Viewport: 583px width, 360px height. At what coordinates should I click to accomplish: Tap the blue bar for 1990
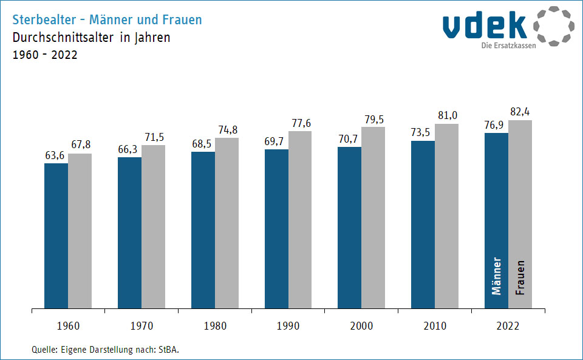pyautogui.click(x=276, y=229)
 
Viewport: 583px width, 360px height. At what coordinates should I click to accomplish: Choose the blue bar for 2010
pyautogui.click(x=423, y=225)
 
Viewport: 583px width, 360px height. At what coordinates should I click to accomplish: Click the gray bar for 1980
pyautogui.click(x=227, y=223)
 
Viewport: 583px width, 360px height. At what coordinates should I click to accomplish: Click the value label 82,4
pyautogui.click(x=520, y=112)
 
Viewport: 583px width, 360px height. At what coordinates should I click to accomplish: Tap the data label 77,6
pyautogui.click(x=301, y=123)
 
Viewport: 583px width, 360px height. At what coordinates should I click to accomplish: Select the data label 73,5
pyautogui.click(x=423, y=133)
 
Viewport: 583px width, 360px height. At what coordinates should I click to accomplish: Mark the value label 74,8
pyautogui.click(x=227, y=130)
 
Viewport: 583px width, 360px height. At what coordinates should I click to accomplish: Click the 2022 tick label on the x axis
pyautogui.click(x=508, y=326)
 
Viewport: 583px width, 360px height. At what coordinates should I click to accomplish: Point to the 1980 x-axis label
pyautogui.click(x=214, y=326)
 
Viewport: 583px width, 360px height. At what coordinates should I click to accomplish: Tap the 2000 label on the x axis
pyautogui.click(x=361, y=326)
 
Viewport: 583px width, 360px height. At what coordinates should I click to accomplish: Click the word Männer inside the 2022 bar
pyautogui.click(x=497, y=276)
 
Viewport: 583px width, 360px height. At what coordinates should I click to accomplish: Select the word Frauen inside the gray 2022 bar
pyautogui.click(x=520, y=278)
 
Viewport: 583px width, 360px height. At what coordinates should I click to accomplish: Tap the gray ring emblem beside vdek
pyautogui.click(x=553, y=26)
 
